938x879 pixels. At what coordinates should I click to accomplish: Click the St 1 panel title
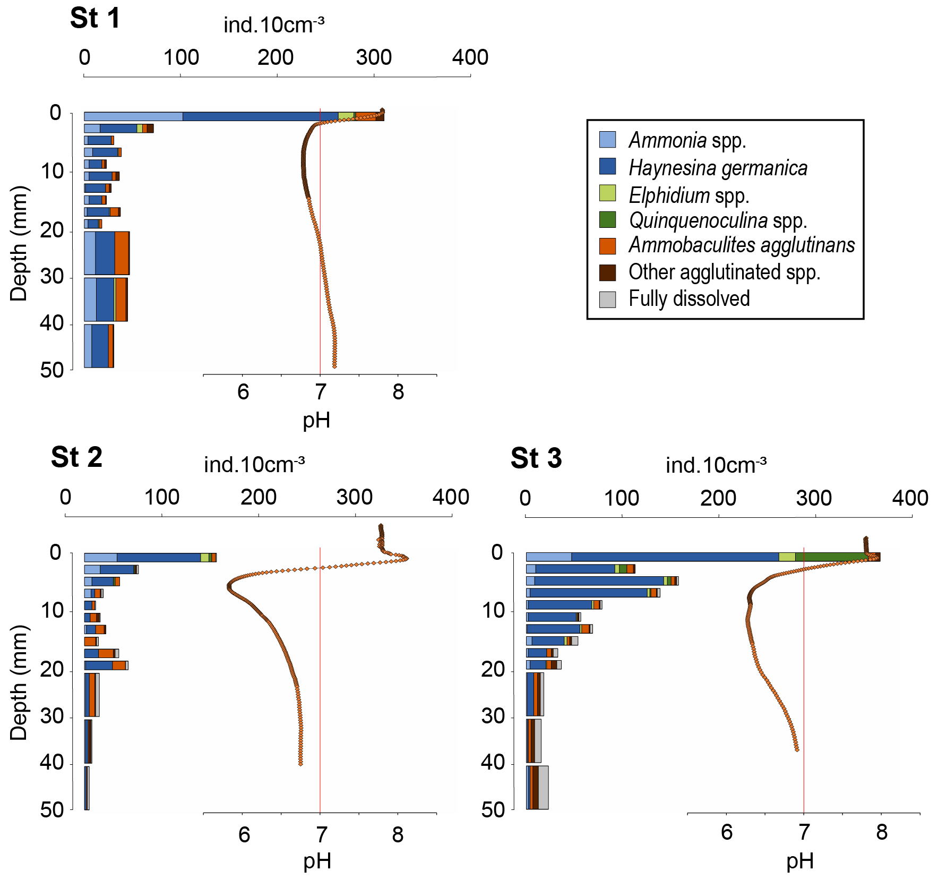click(95, 19)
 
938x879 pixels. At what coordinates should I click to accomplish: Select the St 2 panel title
click(76, 457)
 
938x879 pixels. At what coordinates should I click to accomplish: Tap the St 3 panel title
click(536, 458)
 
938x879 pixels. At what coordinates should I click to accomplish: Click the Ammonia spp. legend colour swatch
click(607, 140)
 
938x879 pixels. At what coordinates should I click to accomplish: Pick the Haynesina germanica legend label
click(718, 168)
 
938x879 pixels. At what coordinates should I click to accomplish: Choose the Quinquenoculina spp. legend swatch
click(607, 219)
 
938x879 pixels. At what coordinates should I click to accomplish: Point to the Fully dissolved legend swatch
click(607, 299)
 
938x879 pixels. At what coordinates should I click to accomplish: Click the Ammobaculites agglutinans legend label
click(742, 245)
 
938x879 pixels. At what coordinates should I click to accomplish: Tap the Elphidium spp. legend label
click(689, 195)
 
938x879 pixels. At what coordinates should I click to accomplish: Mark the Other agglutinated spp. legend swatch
click(607, 272)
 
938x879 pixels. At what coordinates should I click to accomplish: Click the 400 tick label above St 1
click(470, 57)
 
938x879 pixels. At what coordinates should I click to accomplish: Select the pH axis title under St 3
click(800, 861)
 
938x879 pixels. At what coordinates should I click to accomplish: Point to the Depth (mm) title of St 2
click(19, 682)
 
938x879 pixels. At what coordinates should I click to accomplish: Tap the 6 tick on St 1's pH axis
click(243, 392)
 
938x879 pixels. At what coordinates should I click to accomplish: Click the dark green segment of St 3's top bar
click(831, 557)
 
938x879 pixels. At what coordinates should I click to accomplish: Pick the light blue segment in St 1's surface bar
click(133, 116)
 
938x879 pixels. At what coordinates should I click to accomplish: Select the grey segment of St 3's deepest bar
click(543, 787)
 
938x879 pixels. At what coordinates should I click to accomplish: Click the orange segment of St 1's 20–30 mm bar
click(122, 253)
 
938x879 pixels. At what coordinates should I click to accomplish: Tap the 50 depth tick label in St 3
click(493, 810)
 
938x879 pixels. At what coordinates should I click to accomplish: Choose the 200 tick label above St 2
click(259, 498)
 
